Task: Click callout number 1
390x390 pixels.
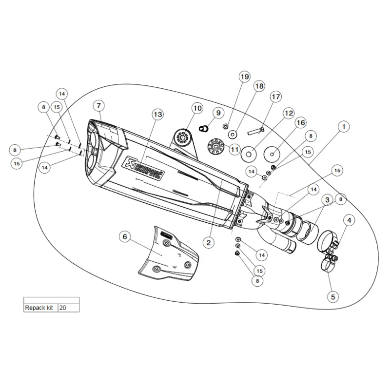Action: pyautogui.click(x=344, y=127)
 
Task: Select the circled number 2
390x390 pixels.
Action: pyautogui.click(x=209, y=242)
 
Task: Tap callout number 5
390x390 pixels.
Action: pyautogui.click(x=333, y=297)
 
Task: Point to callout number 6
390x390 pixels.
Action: pyautogui.click(x=125, y=236)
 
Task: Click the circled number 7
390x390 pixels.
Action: pyautogui.click(x=99, y=106)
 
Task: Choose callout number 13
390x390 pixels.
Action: pyautogui.click(x=158, y=115)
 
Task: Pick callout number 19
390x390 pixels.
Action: pyautogui.click(x=245, y=77)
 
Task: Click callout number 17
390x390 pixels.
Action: pyautogui.click(x=276, y=97)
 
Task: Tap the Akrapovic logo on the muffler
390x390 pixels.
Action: pyautogui.click(x=143, y=168)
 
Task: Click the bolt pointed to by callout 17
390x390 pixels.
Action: pyautogui.click(x=256, y=131)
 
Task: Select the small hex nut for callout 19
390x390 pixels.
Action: pyautogui.click(x=225, y=126)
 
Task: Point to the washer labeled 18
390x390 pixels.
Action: pyautogui.click(x=233, y=135)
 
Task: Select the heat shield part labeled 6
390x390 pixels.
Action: pyautogui.click(x=169, y=253)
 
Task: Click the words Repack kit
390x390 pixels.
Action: pyautogui.click(x=39, y=308)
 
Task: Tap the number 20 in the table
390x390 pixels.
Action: pyautogui.click(x=63, y=308)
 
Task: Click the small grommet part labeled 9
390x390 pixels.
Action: pyautogui.click(x=204, y=128)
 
